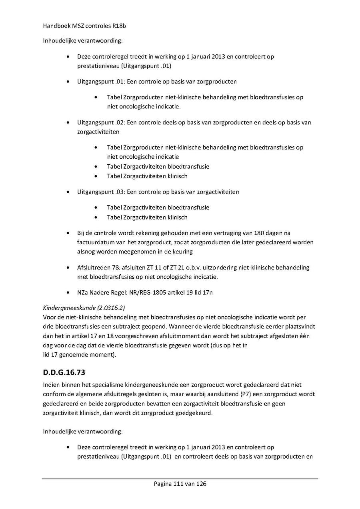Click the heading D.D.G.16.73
point(64,373)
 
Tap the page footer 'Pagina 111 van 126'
point(180,483)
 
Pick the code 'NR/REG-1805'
point(146,292)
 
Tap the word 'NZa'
point(83,292)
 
